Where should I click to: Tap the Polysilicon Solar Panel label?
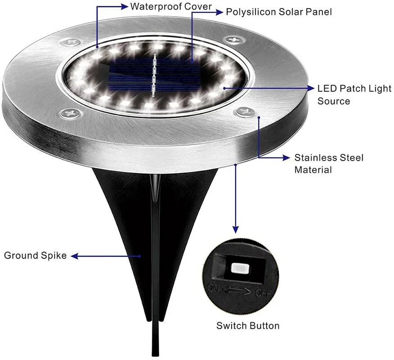[x=278, y=12]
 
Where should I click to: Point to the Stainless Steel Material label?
[x=329, y=164]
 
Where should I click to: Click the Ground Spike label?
[x=36, y=256]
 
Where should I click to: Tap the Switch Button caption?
[x=248, y=326]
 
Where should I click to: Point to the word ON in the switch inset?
[x=213, y=287]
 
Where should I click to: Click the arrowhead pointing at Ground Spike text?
[x=75, y=256]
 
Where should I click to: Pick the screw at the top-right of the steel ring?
[x=233, y=40]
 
